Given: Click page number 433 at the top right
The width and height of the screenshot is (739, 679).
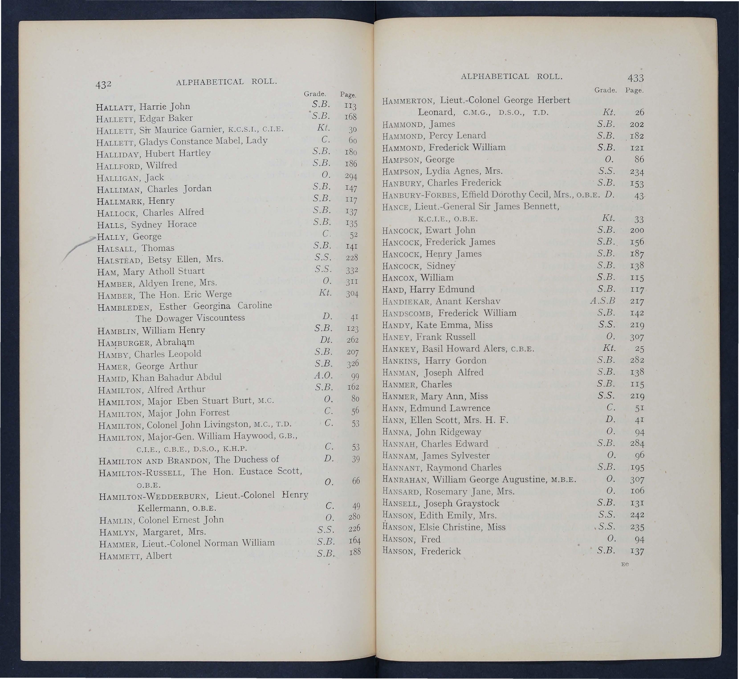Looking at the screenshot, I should pyautogui.click(x=635, y=78).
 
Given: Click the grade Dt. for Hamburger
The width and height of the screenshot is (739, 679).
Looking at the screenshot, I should pyautogui.click(x=326, y=340).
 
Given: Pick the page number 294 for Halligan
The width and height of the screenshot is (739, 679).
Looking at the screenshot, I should pyautogui.click(x=351, y=176).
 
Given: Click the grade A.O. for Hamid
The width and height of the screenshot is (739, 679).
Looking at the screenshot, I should pyautogui.click(x=324, y=375).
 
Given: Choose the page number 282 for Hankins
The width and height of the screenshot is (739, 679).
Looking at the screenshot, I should pyautogui.click(x=637, y=360).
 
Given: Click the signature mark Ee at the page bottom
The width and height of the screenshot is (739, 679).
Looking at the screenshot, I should pyautogui.click(x=624, y=564).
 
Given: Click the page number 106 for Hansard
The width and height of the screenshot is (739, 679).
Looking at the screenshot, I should pyautogui.click(x=637, y=491).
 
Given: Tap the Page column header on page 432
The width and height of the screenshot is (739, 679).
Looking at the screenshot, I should pyautogui.click(x=348, y=95).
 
